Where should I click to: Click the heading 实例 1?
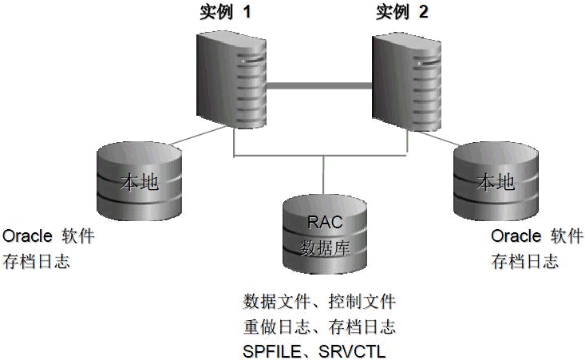226,11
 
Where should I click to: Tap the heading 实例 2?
404,11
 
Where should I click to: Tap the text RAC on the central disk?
325,222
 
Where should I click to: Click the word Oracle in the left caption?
28,237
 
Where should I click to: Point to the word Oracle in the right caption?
516,237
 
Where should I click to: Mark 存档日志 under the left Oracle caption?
37,261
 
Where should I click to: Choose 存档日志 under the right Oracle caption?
524,261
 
